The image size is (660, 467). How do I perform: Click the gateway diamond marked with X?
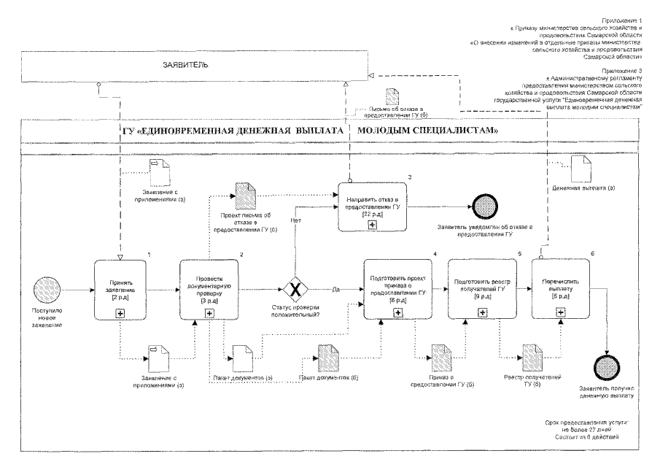(295, 290)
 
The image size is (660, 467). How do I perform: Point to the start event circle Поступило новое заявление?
(50, 290)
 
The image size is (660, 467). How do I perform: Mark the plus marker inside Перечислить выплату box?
(561, 312)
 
